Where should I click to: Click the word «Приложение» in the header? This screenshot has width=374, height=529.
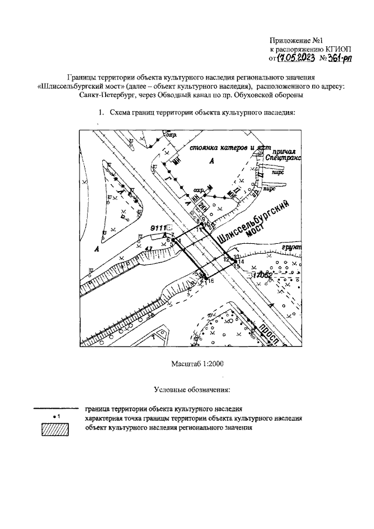(x=290, y=41)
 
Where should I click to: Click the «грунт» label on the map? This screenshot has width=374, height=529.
(x=290, y=248)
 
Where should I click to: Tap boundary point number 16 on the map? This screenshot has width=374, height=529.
(x=210, y=281)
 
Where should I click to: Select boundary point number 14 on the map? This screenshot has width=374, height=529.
(x=242, y=261)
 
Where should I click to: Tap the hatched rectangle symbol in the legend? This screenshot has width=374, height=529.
(x=54, y=430)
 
